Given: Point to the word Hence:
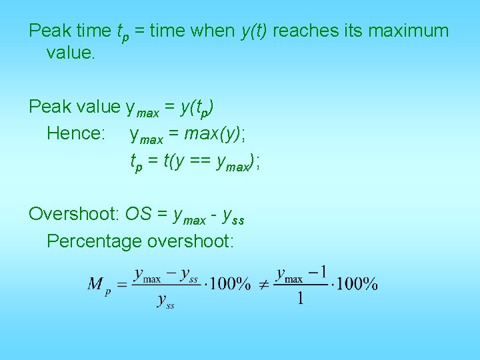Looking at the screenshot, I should point(76,133).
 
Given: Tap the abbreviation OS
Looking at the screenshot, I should point(138,214).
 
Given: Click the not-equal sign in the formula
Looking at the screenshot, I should point(263,284).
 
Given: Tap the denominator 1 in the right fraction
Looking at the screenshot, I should point(301,298).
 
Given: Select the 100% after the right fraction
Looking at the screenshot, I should point(357,284).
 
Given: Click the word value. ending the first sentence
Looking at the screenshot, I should point(71,52).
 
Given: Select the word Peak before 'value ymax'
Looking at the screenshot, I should point(50,107).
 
